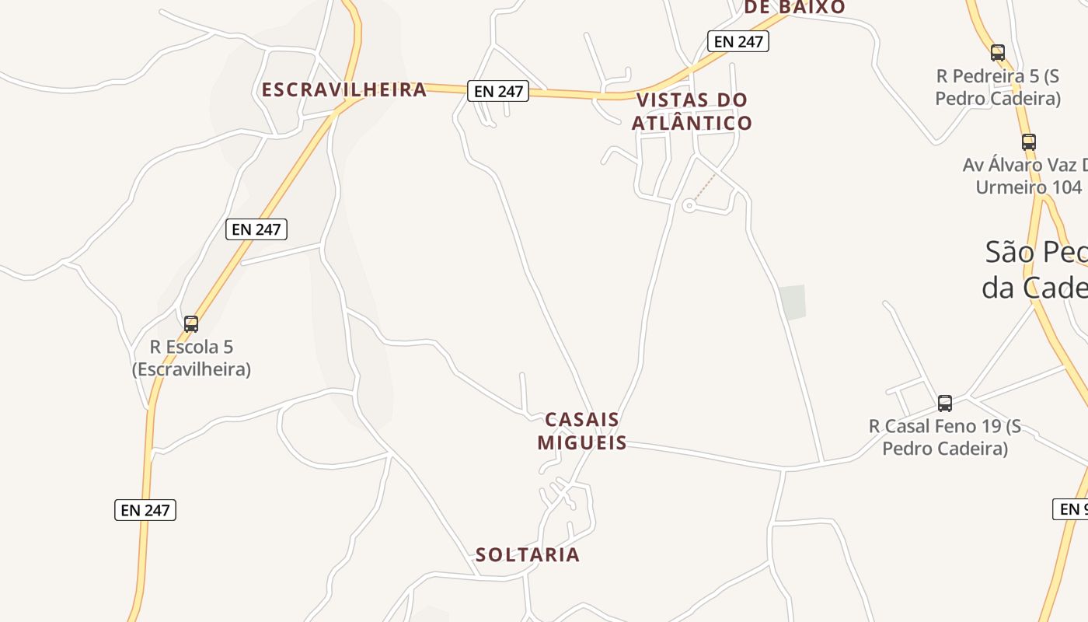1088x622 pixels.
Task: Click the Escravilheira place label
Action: (x=344, y=89)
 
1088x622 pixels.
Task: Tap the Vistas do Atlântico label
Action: (x=692, y=111)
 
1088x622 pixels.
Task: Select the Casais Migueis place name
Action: (x=582, y=431)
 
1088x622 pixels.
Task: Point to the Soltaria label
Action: (x=528, y=554)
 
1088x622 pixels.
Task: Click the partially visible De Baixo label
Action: (x=794, y=7)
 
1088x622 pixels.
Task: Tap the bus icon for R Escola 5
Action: (x=191, y=323)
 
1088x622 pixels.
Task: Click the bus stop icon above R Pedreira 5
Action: (x=998, y=53)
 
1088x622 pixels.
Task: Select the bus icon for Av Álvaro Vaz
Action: (x=1029, y=142)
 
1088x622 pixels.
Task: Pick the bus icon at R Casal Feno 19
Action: (x=945, y=403)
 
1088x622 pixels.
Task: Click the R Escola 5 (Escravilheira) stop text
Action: (x=191, y=358)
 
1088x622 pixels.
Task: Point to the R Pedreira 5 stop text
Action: (x=998, y=87)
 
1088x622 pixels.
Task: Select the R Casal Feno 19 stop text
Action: (x=945, y=437)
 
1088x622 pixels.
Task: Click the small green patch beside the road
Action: (x=793, y=302)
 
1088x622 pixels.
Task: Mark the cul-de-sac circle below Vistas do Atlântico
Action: (x=689, y=206)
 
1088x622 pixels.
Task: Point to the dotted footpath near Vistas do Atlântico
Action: (x=705, y=187)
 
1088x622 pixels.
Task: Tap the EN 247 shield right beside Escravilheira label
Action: (x=498, y=91)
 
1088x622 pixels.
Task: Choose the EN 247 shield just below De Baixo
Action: (x=738, y=41)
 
